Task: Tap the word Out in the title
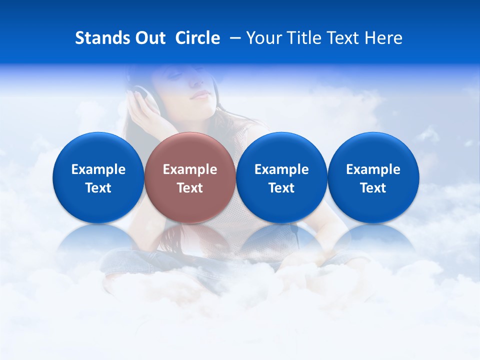tap(148, 38)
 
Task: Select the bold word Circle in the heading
tap(197, 38)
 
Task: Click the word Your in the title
tap(263, 38)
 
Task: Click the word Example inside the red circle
tap(190, 169)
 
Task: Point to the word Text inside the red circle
tap(190, 188)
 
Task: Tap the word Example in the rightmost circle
tap(373, 169)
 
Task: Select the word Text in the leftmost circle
tap(98, 188)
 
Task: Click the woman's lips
tap(200, 95)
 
